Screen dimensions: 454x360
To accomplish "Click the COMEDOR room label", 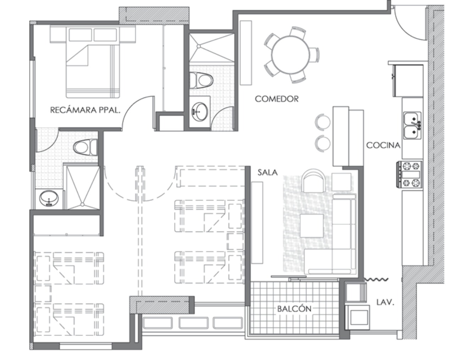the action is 277,99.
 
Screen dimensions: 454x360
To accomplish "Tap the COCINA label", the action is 383,145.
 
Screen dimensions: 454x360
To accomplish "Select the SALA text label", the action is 267,173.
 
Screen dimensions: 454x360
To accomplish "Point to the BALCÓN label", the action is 294,309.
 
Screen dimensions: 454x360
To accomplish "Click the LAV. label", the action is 385,303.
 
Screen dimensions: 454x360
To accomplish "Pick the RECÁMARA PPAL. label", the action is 85,110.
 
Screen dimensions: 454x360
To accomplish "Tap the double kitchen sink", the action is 413,126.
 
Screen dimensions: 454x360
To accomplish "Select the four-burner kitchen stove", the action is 410,175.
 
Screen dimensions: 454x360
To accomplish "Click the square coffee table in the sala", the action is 312,226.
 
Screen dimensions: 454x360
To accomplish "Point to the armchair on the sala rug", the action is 314,181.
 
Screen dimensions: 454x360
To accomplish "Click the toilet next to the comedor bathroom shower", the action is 201,80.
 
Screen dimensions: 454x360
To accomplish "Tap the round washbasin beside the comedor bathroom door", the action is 200,112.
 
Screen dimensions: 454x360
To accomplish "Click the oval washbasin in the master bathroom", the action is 49,199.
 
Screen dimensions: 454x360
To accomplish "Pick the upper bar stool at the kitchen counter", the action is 323,122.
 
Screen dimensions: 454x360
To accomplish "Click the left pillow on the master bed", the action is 81,35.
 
